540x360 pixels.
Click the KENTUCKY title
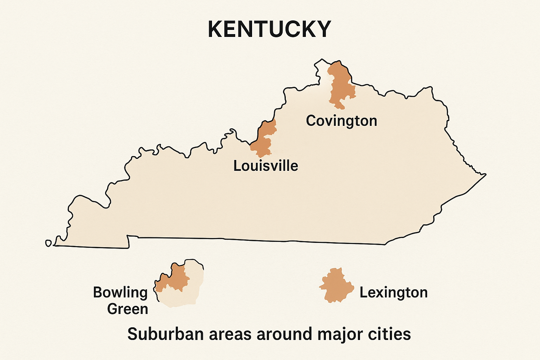click(270, 29)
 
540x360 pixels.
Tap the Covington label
click(341, 121)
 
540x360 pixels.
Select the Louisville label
click(266, 166)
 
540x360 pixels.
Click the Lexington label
click(393, 292)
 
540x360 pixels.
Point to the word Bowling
click(120, 292)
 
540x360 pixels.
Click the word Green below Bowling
click(128, 309)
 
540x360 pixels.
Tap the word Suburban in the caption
click(165, 334)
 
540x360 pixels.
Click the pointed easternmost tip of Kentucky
click(486, 174)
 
